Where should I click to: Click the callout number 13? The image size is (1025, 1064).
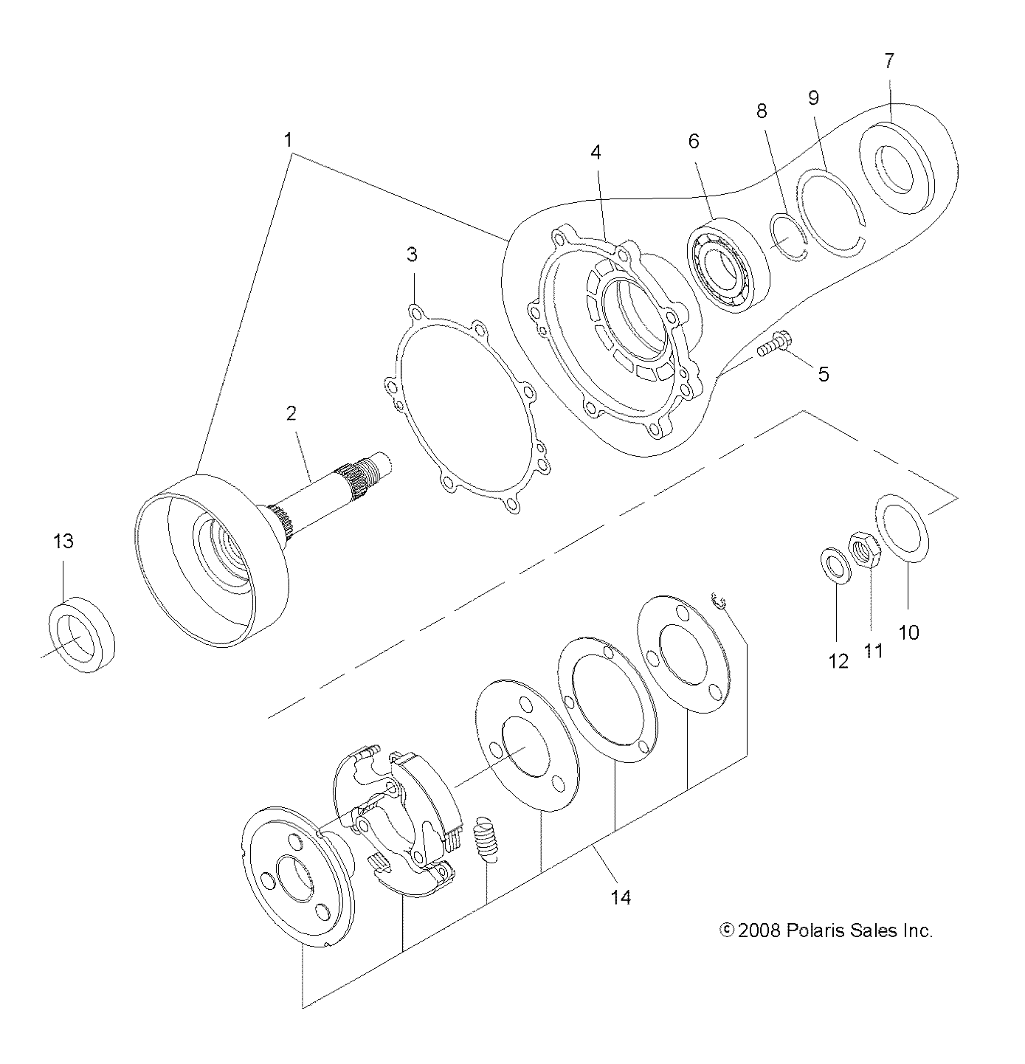[63, 542]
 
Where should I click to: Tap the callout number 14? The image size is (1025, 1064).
[621, 897]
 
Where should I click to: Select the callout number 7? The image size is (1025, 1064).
[889, 61]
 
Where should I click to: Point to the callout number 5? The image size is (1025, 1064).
[823, 375]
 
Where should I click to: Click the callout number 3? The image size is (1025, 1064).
[412, 255]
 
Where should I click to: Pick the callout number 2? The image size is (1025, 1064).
[291, 413]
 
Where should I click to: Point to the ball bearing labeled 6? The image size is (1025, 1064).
[728, 265]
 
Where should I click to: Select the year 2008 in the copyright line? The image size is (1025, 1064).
[759, 930]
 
